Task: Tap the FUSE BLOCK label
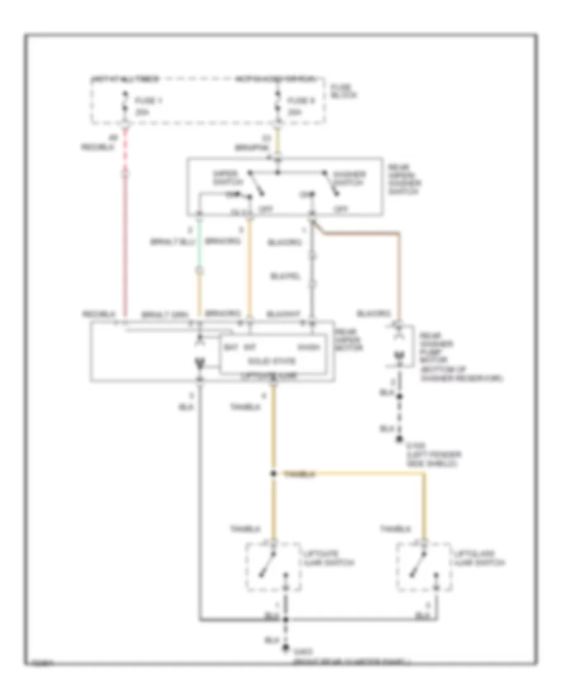(x=343, y=92)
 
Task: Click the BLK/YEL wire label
(x=283, y=276)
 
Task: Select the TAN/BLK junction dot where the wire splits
(x=274, y=474)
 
